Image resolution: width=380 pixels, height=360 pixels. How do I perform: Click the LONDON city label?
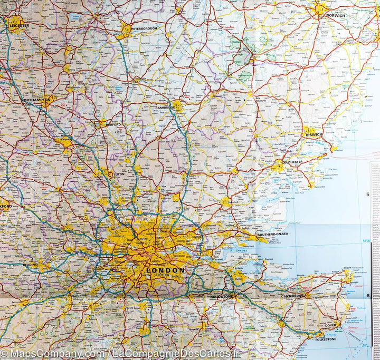pyautogui.click(x=165, y=270)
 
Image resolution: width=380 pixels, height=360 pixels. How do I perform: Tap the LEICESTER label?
pyautogui.click(x=20, y=25)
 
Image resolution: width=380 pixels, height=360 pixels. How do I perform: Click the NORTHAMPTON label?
pyautogui.click(x=36, y=100)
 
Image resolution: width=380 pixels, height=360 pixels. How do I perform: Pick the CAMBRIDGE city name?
pyautogui.click(x=165, y=108)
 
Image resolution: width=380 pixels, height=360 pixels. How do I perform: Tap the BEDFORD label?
pyautogui.click(x=113, y=125)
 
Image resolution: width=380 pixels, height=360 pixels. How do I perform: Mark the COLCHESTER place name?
pyautogui.click(x=292, y=162)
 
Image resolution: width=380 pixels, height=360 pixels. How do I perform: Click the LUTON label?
pyautogui.click(x=120, y=173)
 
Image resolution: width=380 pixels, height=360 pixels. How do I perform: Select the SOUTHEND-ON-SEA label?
pyautogui.click(x=273, y=234)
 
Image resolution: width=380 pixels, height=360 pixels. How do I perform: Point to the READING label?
pyautogui.click(x=30, y=265)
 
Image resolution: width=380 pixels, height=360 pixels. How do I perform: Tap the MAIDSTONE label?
pyautogui.click(x=221, y=297)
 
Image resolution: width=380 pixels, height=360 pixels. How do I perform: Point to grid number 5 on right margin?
pyautogui.click(x=367, y=195)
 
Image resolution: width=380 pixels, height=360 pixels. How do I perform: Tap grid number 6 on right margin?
pyautogui.click(x=367, y=295)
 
